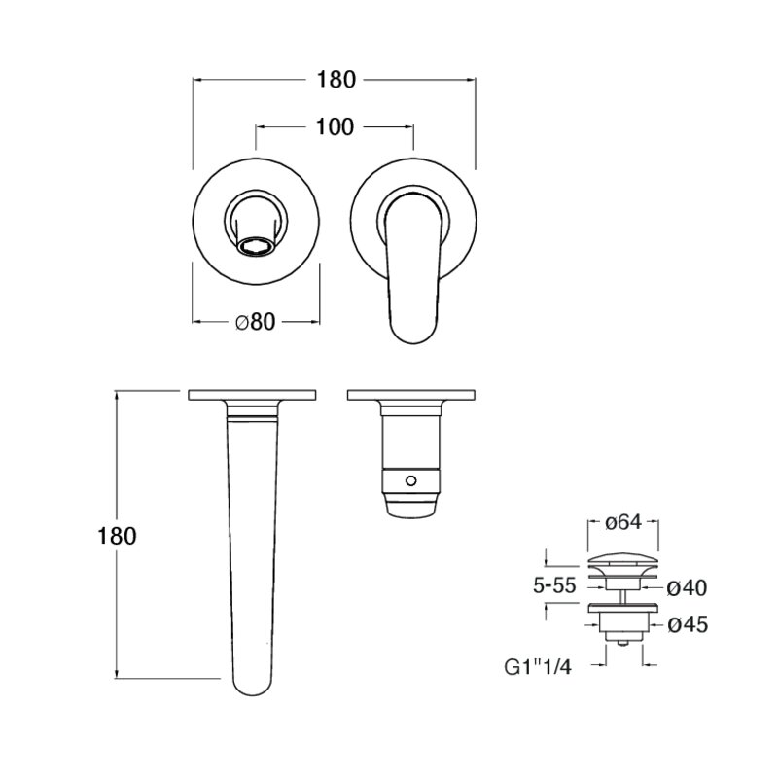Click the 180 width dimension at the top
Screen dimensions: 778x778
click(x=336, y=80)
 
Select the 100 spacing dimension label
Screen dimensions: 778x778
click(x=335, y=127)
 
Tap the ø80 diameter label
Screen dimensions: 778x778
click(x=255, y=322)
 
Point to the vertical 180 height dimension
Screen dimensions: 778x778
click(x=117, y=537)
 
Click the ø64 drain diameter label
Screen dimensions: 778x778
click(x=623, y=522)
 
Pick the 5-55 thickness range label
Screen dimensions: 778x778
click(x=554, y=586)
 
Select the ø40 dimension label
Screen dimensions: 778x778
click(x=688, y=588)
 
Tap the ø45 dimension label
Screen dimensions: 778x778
click(x=688, y=624)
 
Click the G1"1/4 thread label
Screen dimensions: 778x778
click(x=538, y=667)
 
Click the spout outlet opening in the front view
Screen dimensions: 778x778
click(x=256, y=246)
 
